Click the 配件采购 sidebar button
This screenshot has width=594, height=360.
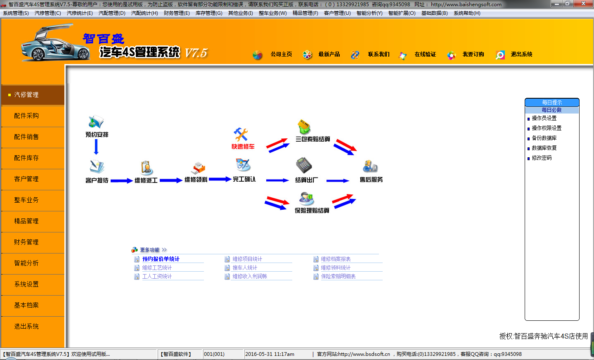(26, 116)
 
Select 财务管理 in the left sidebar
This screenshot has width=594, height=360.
(26, 242)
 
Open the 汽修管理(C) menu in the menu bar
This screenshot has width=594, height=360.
(47, 13)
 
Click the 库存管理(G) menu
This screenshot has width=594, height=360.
(209, 13)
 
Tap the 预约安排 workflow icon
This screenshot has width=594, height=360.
(96, 122)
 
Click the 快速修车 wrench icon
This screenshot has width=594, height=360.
(241, 135)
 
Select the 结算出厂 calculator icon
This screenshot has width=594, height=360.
(304, 165)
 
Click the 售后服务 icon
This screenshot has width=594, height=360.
(370, 166)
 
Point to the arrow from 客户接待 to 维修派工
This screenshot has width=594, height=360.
(121, 180)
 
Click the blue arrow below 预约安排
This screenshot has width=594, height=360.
(96, 147)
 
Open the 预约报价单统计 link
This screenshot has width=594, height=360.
(161, 259)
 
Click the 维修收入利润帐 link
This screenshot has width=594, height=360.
(250, 277)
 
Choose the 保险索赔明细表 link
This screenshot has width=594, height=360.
(338, 277)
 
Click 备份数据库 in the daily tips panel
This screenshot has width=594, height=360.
(544, 138)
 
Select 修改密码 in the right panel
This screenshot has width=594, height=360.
(542, 158)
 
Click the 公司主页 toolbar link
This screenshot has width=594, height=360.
(281, 54)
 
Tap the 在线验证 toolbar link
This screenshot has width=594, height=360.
(425, 54)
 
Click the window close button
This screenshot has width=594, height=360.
(583, 4)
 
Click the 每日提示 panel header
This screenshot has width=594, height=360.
(552, 102)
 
